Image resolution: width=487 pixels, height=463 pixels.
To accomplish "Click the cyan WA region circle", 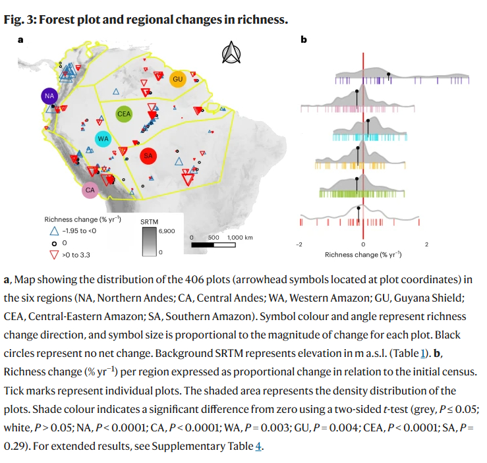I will point(103,139).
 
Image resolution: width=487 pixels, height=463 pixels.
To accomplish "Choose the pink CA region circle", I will point(90,190).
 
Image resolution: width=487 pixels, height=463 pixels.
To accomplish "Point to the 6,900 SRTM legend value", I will point(167,231).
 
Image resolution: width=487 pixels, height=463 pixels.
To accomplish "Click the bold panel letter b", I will point(304,40).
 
